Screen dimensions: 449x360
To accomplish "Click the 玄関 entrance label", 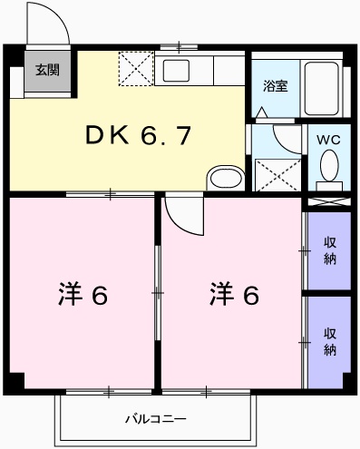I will [x=46, y=69].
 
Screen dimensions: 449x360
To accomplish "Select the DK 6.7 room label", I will [x=138, y=136].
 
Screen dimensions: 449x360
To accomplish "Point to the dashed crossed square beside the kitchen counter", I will [x=136, y=70].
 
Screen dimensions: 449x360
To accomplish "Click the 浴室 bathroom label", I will [x=276, y=87].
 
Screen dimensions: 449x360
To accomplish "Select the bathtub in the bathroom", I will [x=323, y=88].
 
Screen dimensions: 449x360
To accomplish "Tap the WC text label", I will [x=328, y=140].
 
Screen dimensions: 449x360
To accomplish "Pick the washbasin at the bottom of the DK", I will [x=222, y=176].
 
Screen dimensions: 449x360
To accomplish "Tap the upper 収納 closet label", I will [x=330, y=249].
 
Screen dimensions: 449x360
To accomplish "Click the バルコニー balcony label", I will [x=155, y=419].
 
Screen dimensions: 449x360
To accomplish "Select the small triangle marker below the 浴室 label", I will [x=263, y=113].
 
